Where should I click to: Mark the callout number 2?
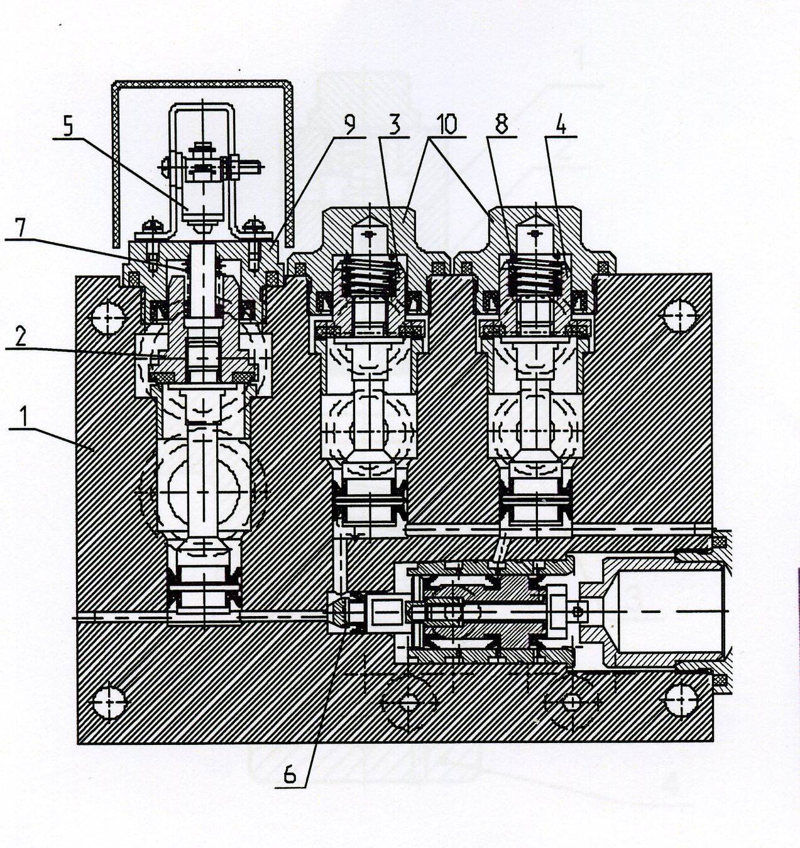coord(21,337)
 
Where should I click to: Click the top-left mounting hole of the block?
coord(108,318)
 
